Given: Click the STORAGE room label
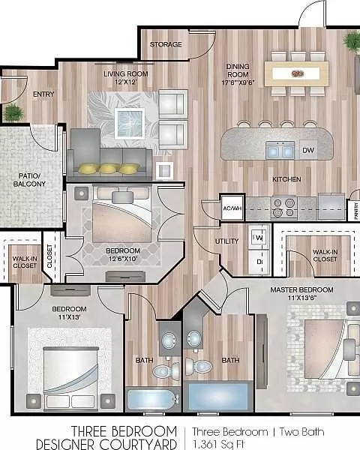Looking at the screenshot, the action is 166,44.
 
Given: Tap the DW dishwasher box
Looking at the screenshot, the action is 308,150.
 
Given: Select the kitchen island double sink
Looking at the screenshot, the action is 280,150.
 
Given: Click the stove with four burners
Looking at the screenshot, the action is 284,208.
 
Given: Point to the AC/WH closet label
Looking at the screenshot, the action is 232,208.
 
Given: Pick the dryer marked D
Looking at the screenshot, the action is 259,262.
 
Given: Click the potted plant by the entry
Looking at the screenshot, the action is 13,112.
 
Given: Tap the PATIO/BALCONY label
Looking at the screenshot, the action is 29,180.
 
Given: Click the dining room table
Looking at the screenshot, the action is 296,73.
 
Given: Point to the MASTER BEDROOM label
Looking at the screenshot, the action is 301,289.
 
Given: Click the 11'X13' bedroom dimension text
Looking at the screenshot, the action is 69,317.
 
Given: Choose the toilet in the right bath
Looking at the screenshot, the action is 199,366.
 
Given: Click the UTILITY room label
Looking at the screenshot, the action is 226,241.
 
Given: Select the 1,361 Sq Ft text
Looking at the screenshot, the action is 217,444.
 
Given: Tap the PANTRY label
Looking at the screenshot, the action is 356,211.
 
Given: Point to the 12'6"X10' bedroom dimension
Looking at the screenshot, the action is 123,259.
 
